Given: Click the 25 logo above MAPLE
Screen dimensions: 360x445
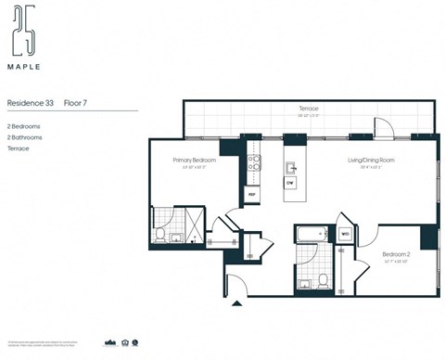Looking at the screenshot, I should point(23,34).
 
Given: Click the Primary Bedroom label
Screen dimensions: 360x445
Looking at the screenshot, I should point(194,160).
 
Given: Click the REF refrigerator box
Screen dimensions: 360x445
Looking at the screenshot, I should point(251,194).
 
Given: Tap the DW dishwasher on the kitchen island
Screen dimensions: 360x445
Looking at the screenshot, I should point(290,183).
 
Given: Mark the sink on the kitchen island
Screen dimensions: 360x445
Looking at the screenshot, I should point(290,168).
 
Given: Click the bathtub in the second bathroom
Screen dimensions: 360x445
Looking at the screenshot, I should point(311,234).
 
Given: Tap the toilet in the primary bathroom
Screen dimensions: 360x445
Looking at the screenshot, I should point(160,235).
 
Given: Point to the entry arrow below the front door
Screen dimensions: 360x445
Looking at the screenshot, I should point(236,302).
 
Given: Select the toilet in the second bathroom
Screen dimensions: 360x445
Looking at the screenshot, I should point(323,278).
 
